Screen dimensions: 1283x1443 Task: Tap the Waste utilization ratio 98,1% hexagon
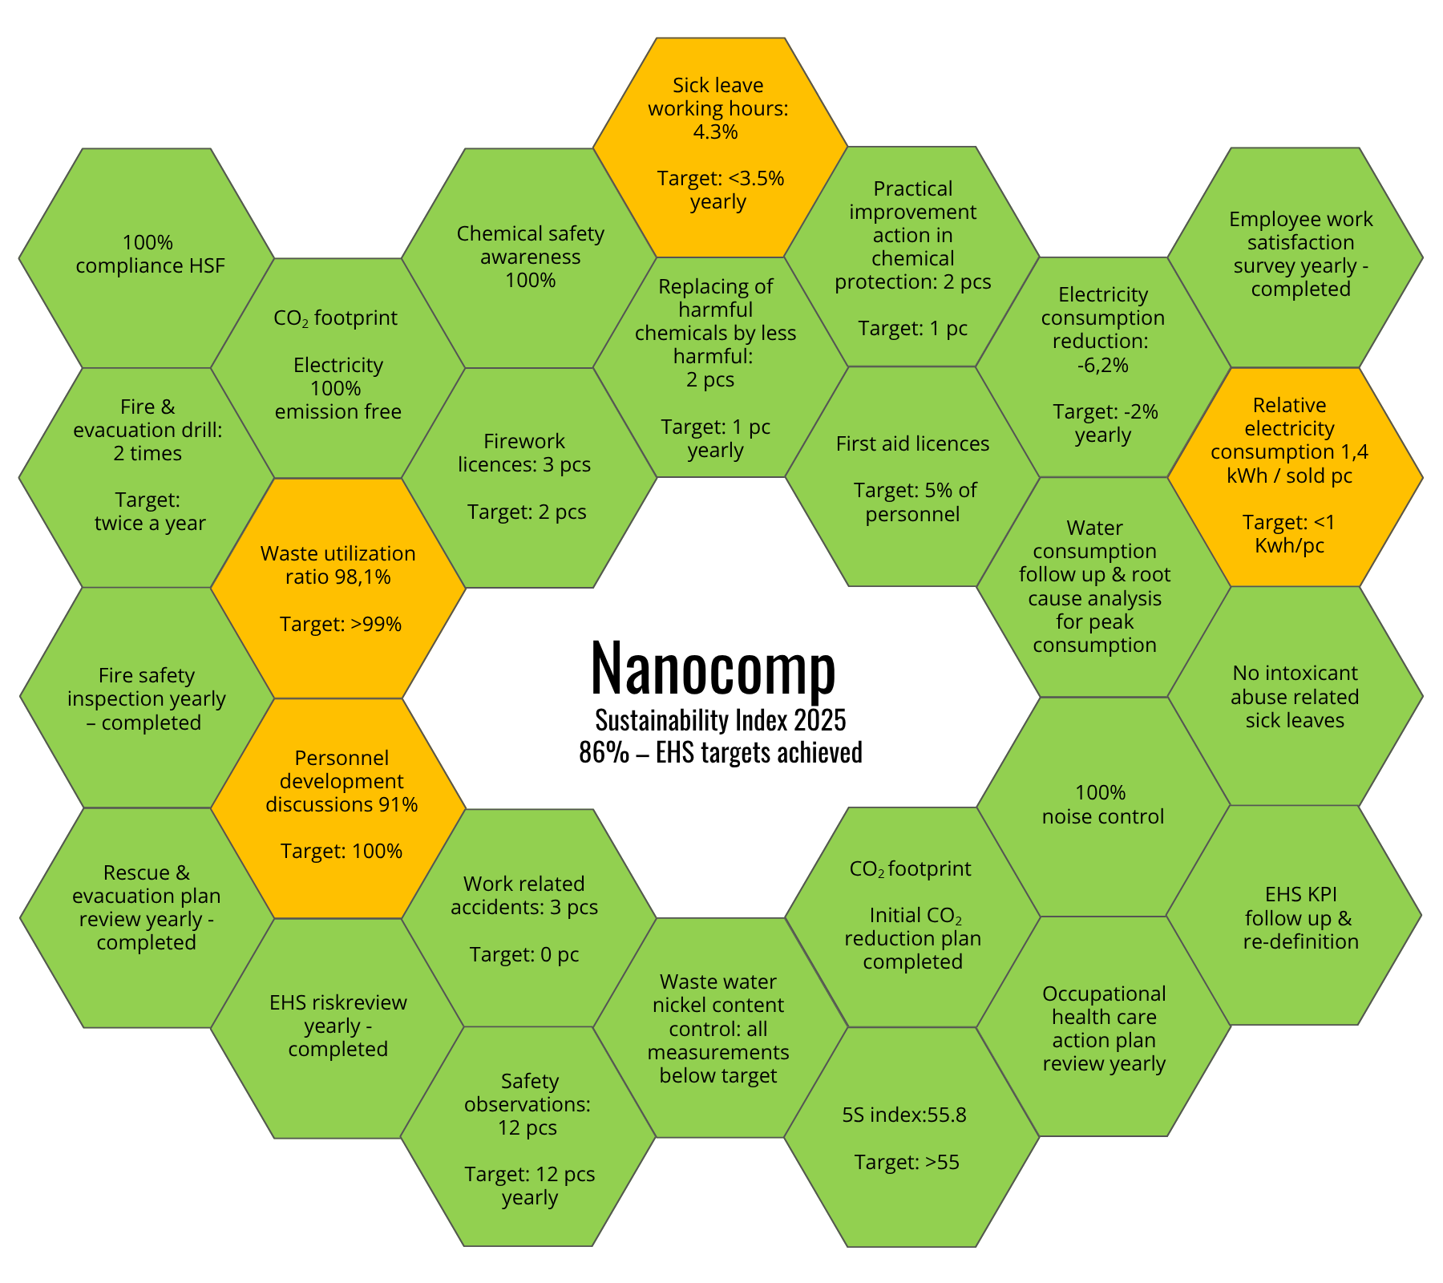[x=338, y=589]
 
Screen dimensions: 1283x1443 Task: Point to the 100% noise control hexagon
[x=1103, y=807]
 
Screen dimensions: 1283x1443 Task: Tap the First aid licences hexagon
[x=911, y=477]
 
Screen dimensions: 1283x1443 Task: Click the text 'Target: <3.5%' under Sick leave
[x=720, y=178]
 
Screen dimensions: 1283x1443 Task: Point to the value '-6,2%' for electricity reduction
[x=1102, y=366]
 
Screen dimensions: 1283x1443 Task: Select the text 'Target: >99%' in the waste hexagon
[x=340, y=624]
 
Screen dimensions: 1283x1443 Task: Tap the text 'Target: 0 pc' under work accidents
[x=524, y=954]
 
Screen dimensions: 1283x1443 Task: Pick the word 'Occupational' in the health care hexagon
[x=1104, y=994]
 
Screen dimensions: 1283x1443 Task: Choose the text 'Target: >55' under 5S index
[x=907, y=1162]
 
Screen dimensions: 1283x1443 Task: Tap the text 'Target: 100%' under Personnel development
[x=341, y=851]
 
